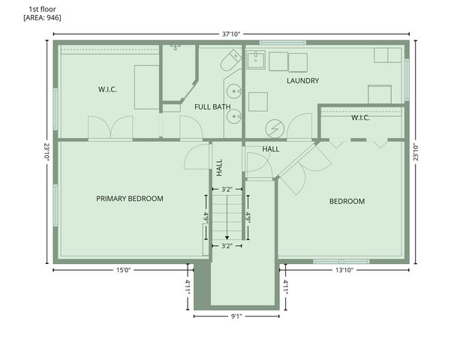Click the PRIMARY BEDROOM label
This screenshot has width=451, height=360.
(x=130, y=199)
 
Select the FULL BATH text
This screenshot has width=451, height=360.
(x=212, y=107)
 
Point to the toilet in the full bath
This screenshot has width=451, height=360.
(x=230, y=61)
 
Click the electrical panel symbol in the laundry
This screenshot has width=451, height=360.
(x=275, y=128)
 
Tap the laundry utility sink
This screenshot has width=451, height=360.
(x=255, y=59)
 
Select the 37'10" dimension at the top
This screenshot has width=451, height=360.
(x=230, y=34)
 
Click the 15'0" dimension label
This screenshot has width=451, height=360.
(x=124, y=269)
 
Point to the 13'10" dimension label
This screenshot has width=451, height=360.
(x=344, y=269)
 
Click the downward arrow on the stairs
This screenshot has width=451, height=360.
(x=227, y=234)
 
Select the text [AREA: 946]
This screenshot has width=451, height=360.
(x=43, y=16)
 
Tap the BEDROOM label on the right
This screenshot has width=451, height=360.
(x=347, y=202)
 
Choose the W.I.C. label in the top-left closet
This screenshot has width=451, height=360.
(x=107, y=89)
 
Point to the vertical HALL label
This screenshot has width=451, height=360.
(x=220, y=166)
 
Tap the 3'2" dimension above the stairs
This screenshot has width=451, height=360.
(x=227, y=190)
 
